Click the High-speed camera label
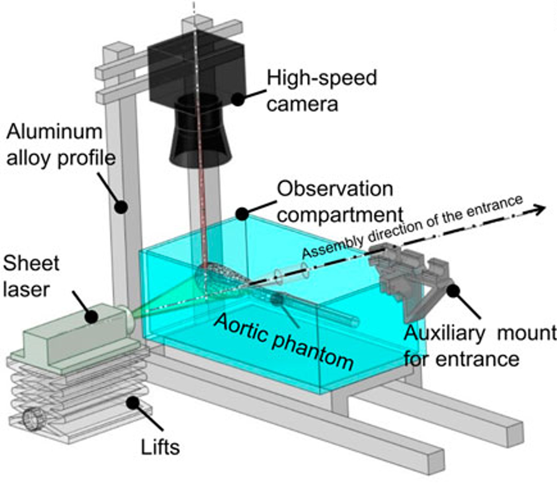click(321, 91)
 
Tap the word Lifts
click(160, 447)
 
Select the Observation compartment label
click(339, 202)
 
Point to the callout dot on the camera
click(238, 99)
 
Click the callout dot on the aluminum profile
click(121, 207)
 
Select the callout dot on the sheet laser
click(91, 317)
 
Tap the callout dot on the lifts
click(133, 402)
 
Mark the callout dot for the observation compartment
click(242, 214)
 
